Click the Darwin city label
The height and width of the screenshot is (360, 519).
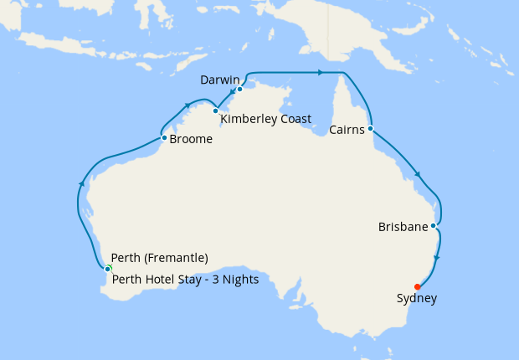coord(221,80)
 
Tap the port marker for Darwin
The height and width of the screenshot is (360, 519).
coord(239,90)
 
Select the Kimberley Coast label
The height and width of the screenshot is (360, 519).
coord(265,119)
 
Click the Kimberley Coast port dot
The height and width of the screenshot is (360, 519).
coord(215,111)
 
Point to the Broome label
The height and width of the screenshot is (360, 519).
coord(191,140)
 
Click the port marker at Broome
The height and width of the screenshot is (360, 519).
coord(164,137)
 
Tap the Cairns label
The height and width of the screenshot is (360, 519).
coord(347,130)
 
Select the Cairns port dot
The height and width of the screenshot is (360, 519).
coord(370,129)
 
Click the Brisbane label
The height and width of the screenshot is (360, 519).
coord(403,227)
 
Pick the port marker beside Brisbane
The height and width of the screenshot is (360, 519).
coord(433,225)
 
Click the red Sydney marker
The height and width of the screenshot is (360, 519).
coord(418,286)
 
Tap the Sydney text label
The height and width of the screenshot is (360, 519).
coord(417,298)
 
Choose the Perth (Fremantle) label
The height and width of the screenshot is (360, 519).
coord(159,258)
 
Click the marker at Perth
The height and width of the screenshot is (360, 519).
coord(107,268)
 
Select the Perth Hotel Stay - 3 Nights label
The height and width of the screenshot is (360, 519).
coord(184,280)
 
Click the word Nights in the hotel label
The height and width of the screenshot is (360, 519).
coord(241,280)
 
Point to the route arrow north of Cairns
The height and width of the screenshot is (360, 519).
coord(319,73)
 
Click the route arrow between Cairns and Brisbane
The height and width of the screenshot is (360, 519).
coord(417,175)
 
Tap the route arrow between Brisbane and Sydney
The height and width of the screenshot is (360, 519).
coord(437,258)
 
